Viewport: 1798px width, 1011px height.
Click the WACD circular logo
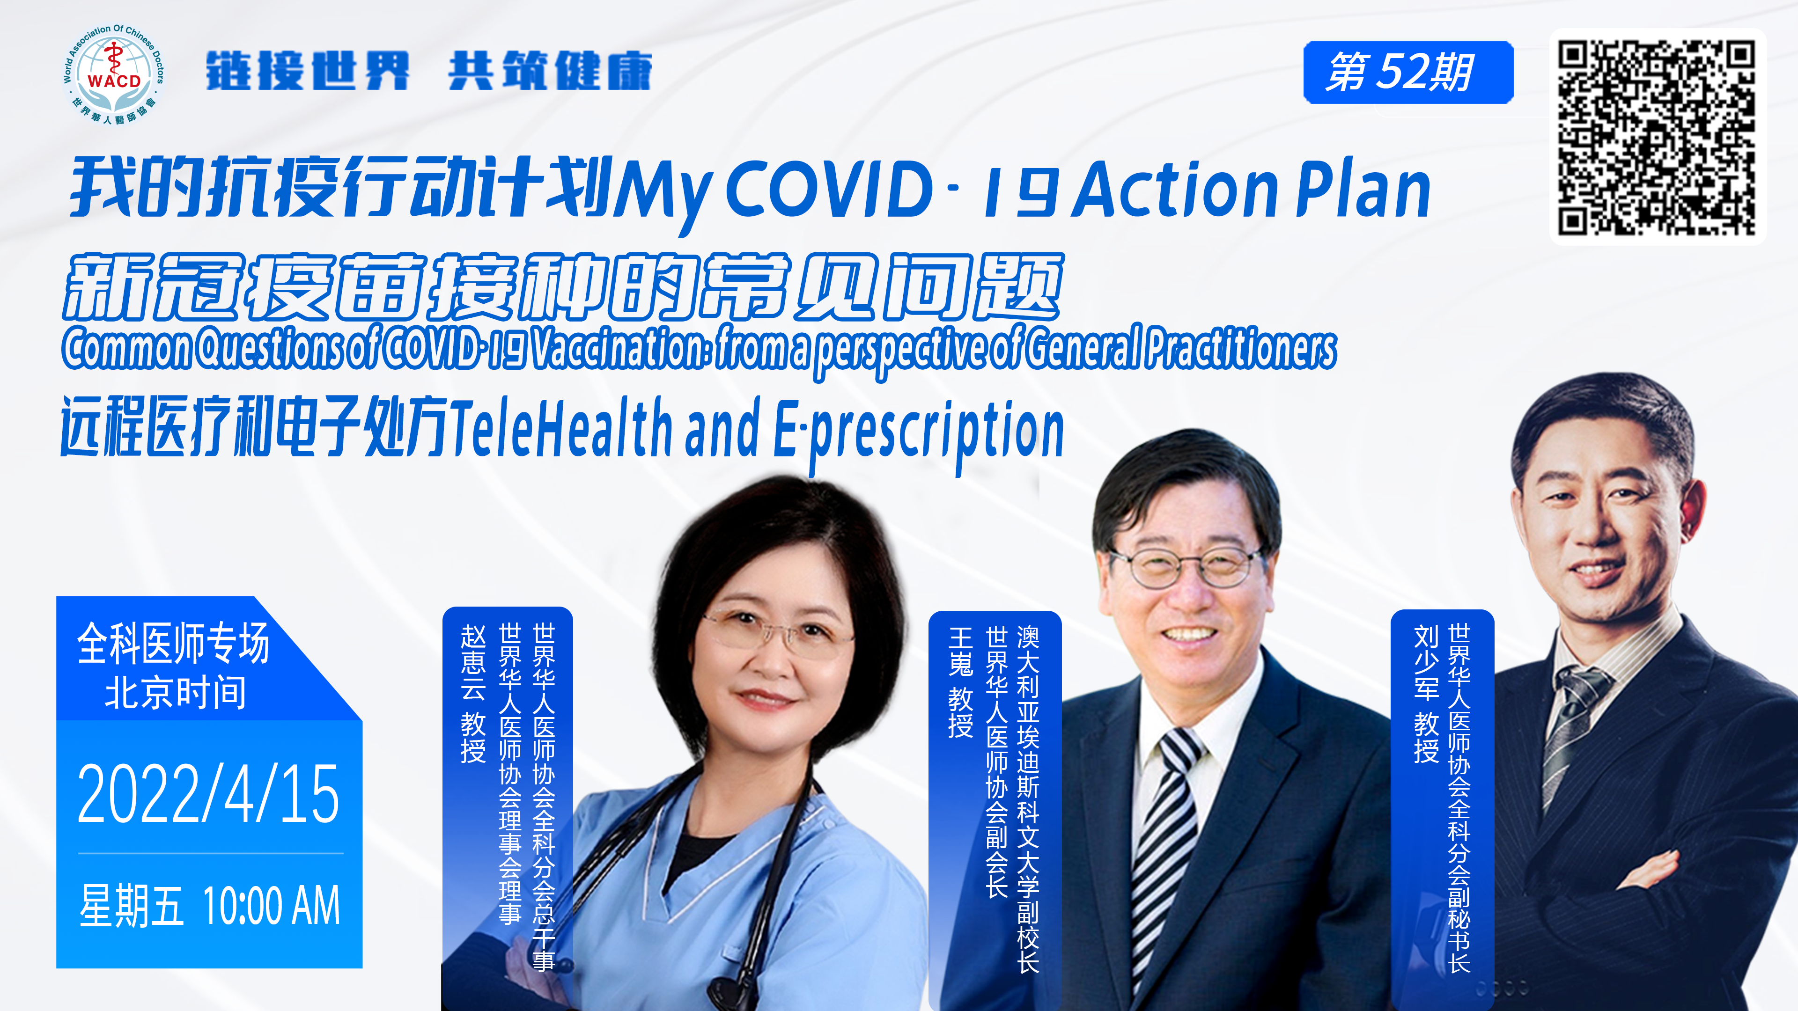point(114,75)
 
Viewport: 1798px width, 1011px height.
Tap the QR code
point(1657,137)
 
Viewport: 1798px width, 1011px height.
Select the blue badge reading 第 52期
point(1408,72)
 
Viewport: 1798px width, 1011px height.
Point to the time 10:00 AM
point(271,906)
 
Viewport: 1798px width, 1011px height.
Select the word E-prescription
point(919,432)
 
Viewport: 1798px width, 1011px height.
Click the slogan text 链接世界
point(307,71)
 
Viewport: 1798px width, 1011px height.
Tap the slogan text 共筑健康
point(550,71)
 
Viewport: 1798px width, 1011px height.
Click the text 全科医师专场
point(173,643)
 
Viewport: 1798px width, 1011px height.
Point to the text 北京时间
point(175,693)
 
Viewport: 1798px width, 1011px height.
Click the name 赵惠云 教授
point(473,694)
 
